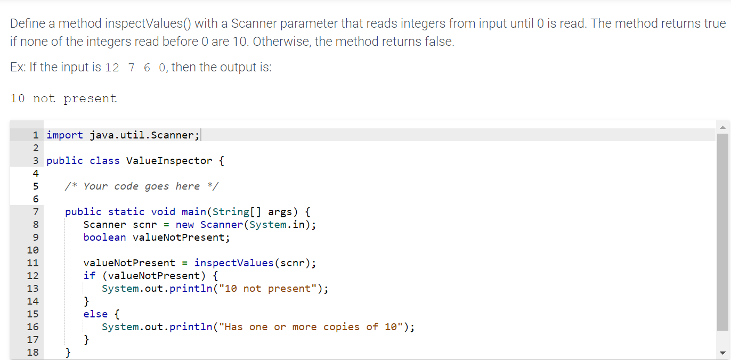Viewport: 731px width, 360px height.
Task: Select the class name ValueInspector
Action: [x=169, y=161]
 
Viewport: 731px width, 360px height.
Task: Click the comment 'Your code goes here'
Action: [x=141, y=186]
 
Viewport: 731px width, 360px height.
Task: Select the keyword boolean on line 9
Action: [x=104, y=238]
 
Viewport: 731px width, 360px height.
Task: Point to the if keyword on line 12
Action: [x=89, y=276]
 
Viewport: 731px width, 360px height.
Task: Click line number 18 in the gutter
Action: [x=33, y=353]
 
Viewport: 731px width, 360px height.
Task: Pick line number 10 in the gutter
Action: [x=33, y=250]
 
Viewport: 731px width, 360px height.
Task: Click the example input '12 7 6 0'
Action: [x=135, y=68]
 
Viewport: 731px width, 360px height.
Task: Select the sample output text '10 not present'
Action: [x=63, y=99]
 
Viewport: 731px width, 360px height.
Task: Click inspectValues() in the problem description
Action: [x=148, y=24]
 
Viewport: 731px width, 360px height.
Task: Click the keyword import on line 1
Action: [x=64, y=135]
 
